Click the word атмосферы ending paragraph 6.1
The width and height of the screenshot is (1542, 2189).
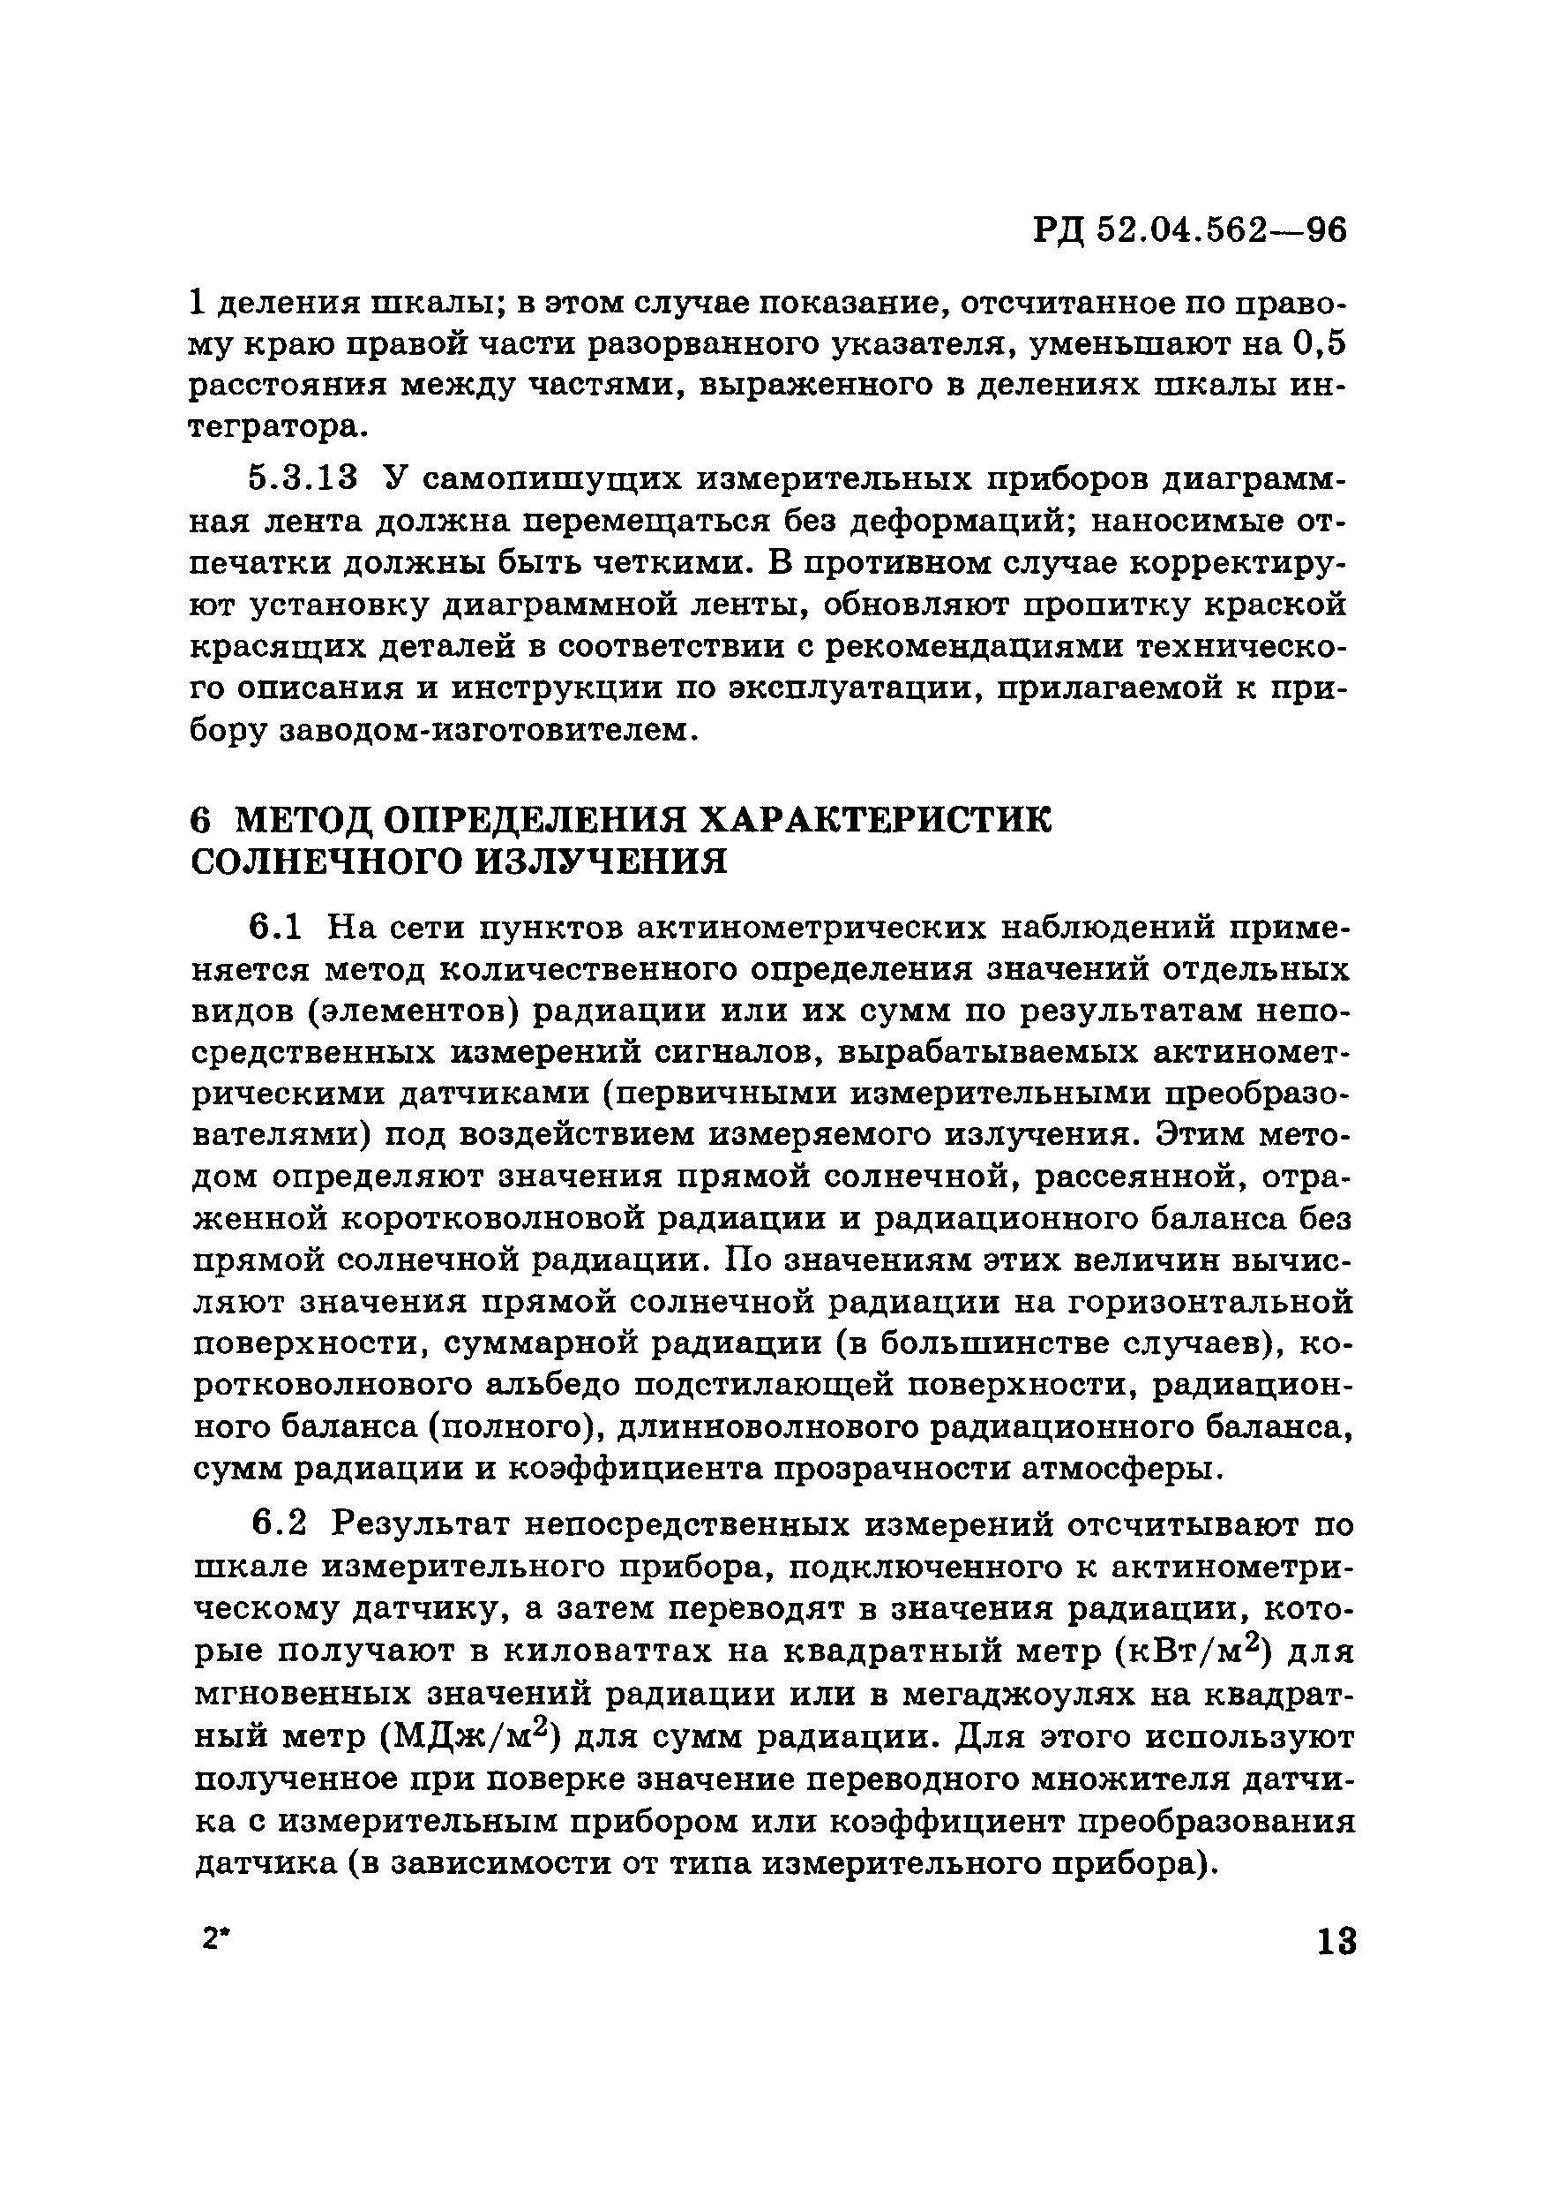[1118, 1469]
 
